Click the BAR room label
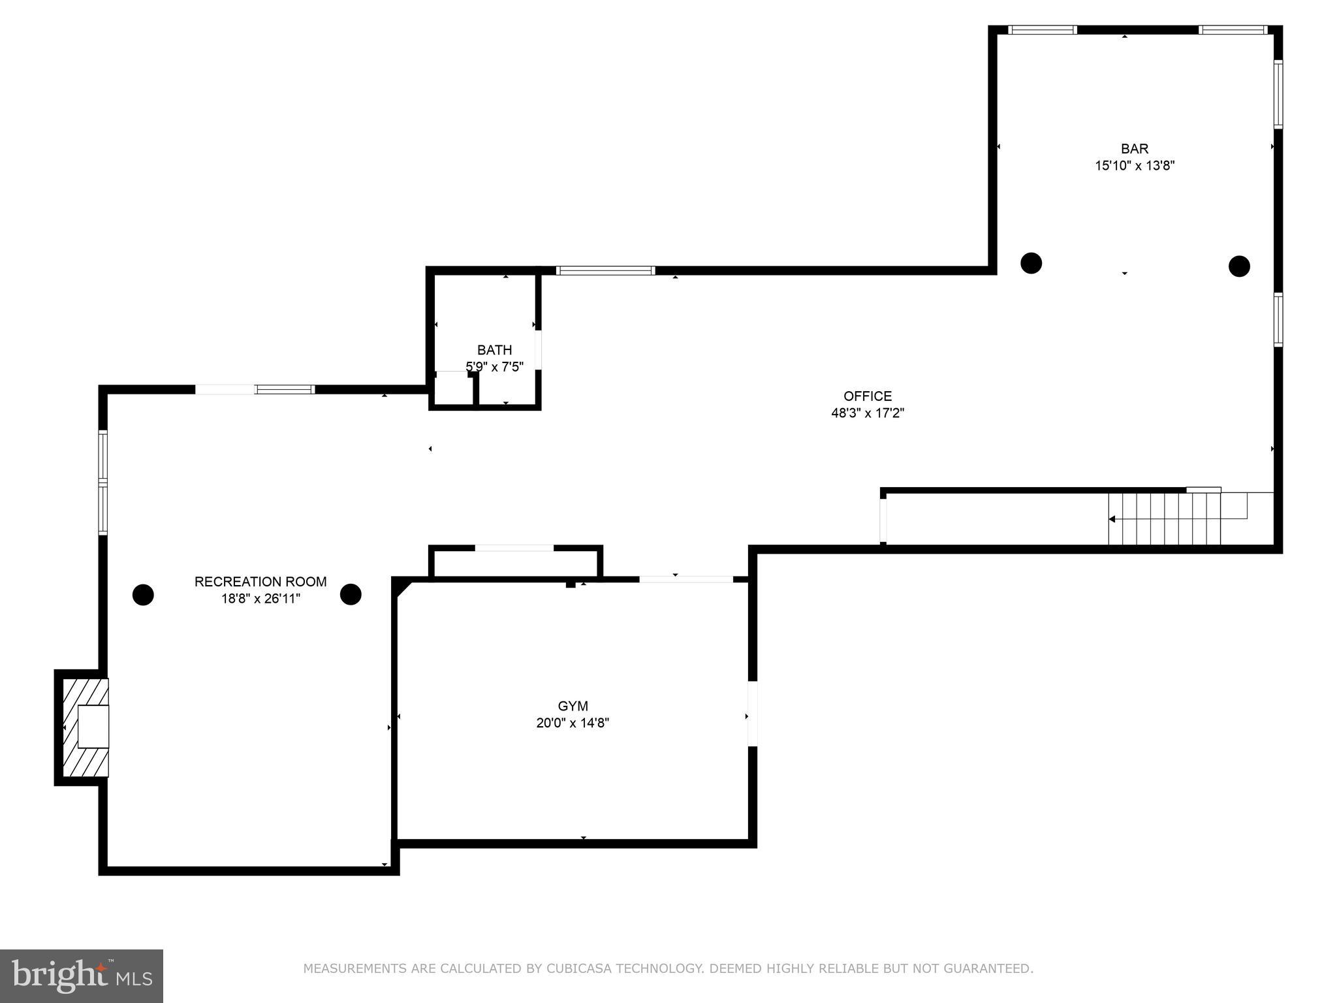point(1135,149)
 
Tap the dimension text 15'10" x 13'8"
point(1135,166)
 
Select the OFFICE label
point(867,396)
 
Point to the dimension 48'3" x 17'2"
point(867,413)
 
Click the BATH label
point(494,350)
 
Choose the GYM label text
point(573,706)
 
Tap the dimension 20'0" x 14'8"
point(573,723)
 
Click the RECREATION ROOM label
point(260,582)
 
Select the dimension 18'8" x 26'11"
point(260,599)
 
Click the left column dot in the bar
point(1031,263)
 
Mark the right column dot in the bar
point(1239,266)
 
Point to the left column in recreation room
point(143,595)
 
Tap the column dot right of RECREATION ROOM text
point(351,594)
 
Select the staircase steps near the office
point(1164,519)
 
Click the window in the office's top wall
point(605,270)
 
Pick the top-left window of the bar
point(1042,30)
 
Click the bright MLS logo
point(81,976)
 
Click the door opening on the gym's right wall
point(752,714)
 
